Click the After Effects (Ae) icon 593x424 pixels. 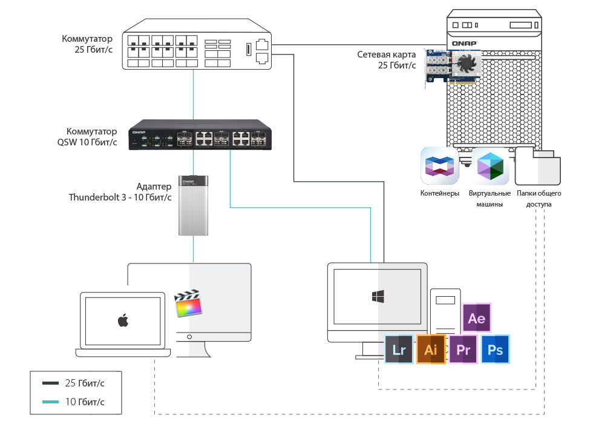477,318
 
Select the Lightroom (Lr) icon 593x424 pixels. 399,349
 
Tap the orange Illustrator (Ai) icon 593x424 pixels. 431,349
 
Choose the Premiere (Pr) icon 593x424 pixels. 464,349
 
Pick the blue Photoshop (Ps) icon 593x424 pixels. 495,349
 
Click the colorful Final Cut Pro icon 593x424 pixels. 188,303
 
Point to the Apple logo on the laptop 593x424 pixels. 123,320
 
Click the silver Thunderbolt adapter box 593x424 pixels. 193,205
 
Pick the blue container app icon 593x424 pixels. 440,165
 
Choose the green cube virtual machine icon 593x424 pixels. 490,165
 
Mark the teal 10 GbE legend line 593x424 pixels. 51,402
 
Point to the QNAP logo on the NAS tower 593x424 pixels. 465,43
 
